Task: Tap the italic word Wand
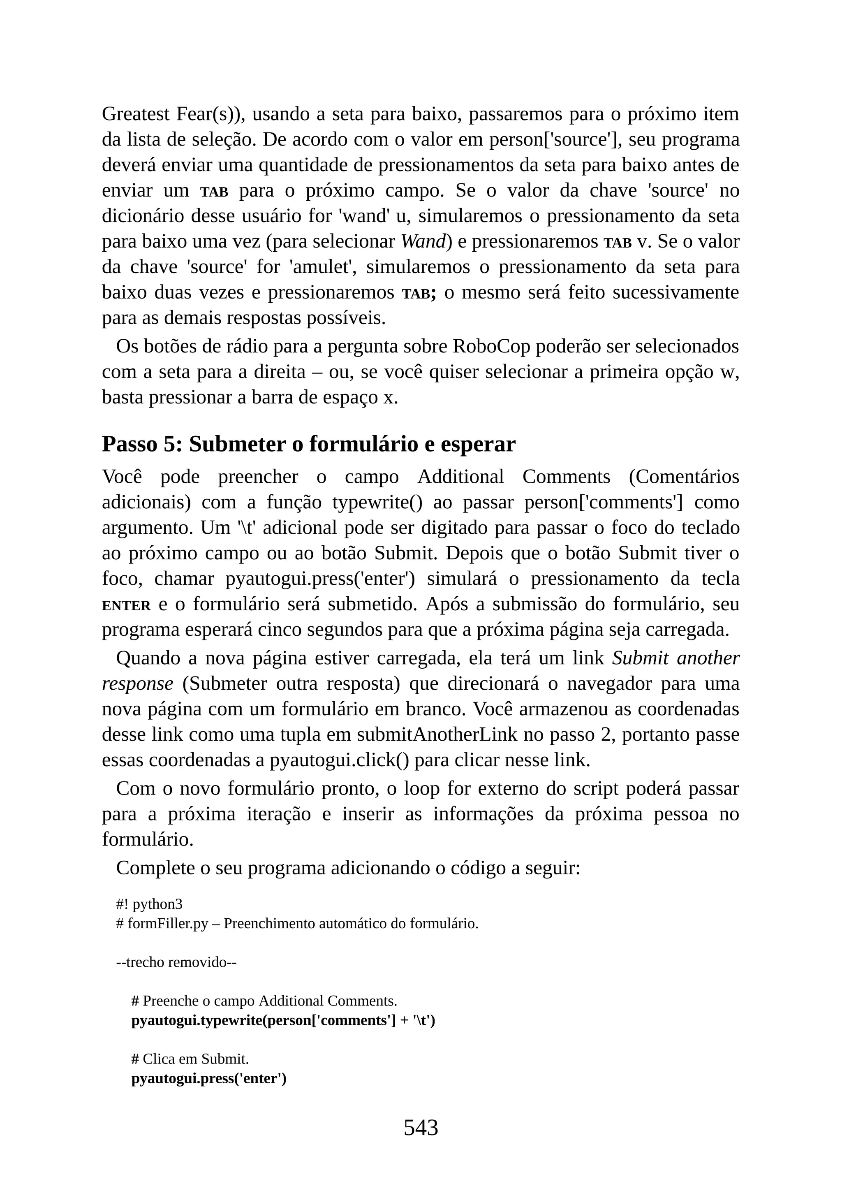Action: pyautogui.click(x=423, y=241)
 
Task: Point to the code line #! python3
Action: pyautogui.click(x=149, y=904)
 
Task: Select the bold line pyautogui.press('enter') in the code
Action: pyautogui.click(x=209, y=1078)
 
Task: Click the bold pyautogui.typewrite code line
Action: pyautogui.click(x=283, y=1020)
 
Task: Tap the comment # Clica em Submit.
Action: pyautogui.click(x=190, y=1058)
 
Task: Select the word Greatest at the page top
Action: pyautogui.click(x=135, y=114)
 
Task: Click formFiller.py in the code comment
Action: pyautogui.click(x=167, y=923)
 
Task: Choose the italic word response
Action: pyautogui.click(x=137, y=684)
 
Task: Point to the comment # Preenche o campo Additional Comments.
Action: pyautogui.click(x=264, y=1000)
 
